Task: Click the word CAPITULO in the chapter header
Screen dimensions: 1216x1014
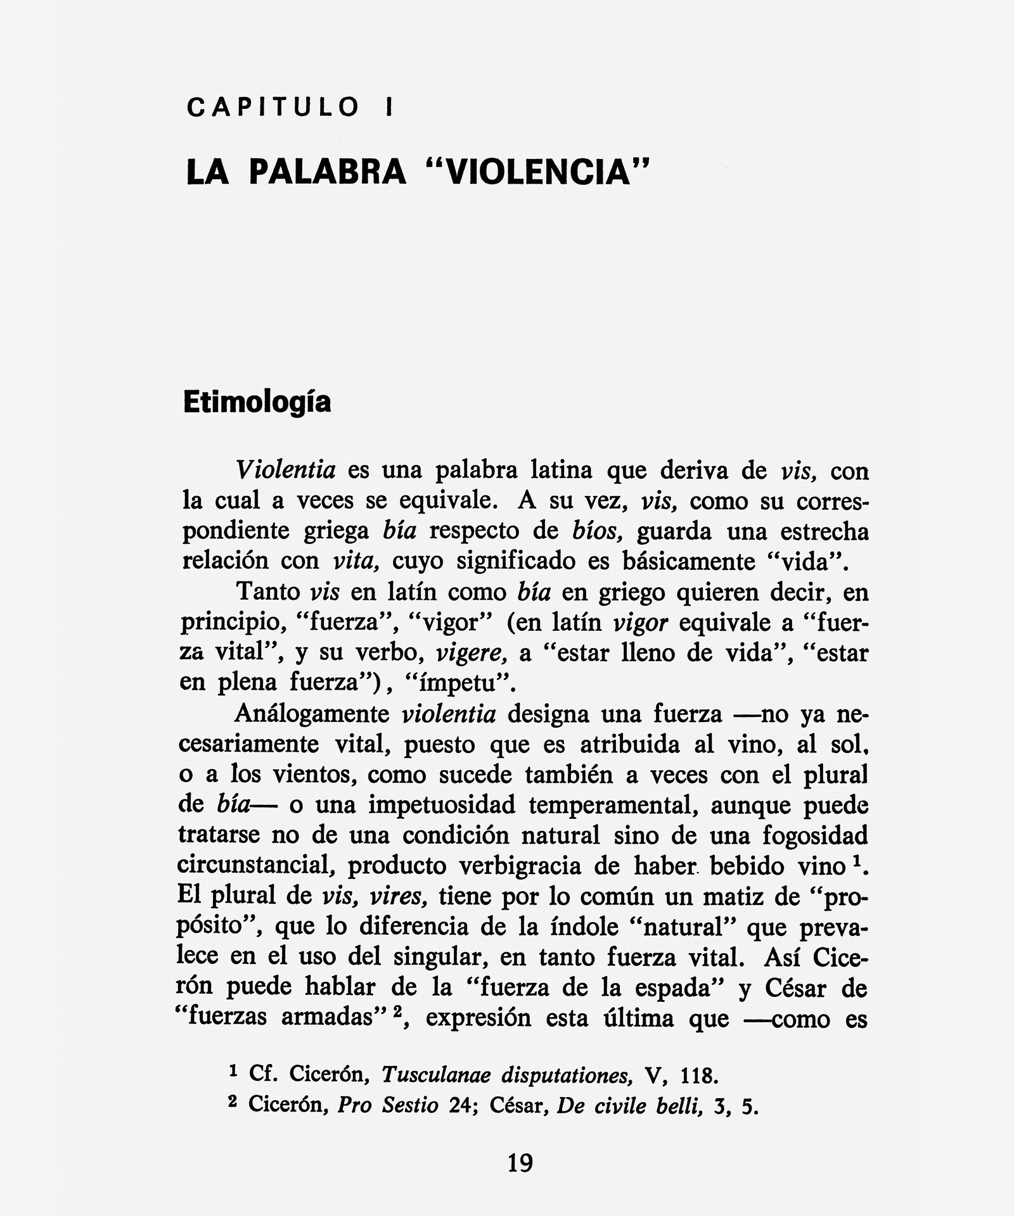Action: (x=273, y=107)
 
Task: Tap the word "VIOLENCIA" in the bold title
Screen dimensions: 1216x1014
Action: (x=538, y=172)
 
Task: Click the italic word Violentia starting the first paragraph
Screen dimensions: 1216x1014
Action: (x=285, y=470)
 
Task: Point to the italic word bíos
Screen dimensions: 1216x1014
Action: (x=598, y=531)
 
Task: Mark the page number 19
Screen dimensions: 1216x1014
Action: (x=520, y=1163)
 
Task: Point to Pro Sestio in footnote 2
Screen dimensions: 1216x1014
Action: (x=388, y=1105)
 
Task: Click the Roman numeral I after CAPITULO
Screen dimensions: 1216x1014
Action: (x=388, y=107)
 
